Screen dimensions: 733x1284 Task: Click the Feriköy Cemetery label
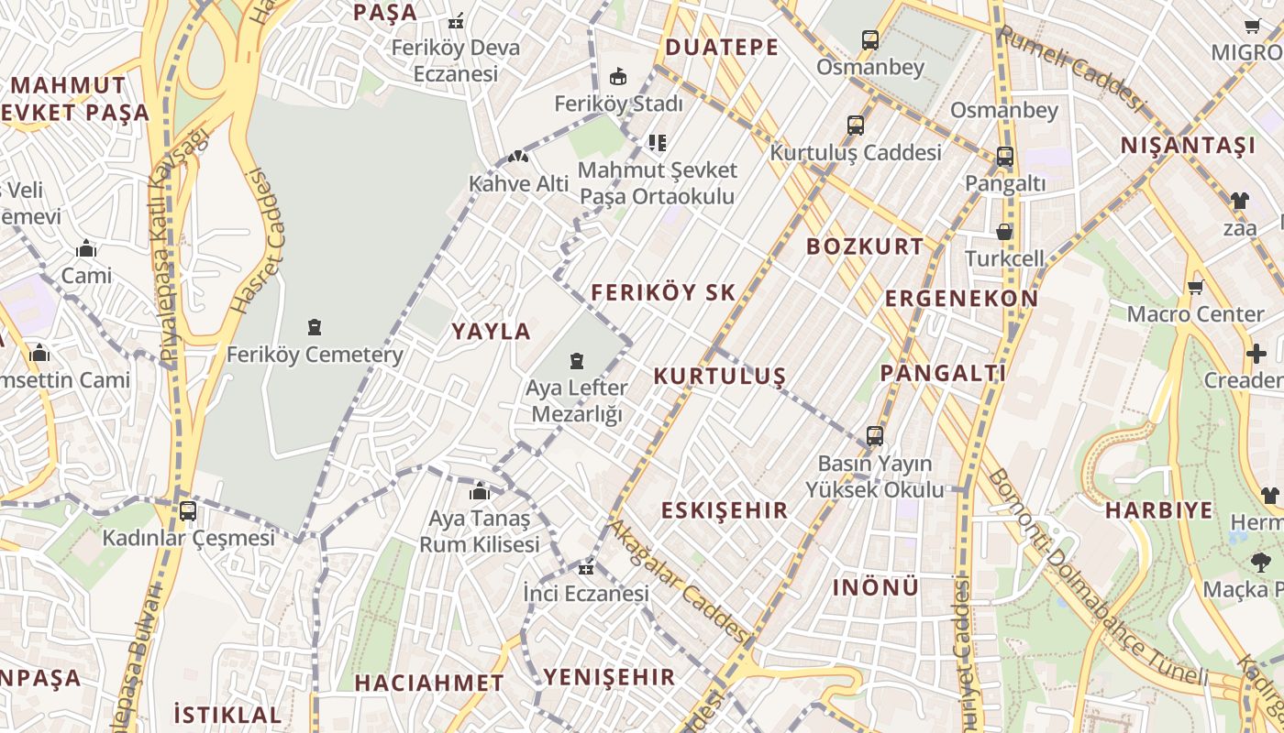pyautogui.click(x=315, y=355)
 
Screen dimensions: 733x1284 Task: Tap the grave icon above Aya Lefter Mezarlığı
pyautogui.click(x=577, y=361)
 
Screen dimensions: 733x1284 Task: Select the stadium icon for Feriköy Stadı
pyautogui.click(x=618, y=76)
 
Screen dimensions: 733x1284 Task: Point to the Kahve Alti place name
pyautogui.click(x=519, y=183)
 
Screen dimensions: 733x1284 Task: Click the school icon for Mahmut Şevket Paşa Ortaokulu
pyautogui.click(x=657, y=143)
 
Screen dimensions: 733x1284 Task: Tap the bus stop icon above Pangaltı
pyautogui.click(x=1005, y=157)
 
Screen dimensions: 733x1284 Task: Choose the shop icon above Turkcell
pyautogui.click(x=1004, y=232)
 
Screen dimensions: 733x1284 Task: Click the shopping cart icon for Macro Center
pyautogui.click(x=1195, y=288)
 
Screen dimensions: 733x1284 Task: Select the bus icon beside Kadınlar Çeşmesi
pyautogui.click(x=188, y=511)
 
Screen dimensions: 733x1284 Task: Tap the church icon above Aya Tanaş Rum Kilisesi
pyautogui.click(x=479, y=492)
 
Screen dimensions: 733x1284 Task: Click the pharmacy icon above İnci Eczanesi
pyautogui.click(x=586, y=568)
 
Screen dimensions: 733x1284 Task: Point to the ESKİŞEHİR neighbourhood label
pyautogui.click(x=725, y=510)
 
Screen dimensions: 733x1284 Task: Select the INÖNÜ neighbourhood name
pyautogui.click(x=875, y=587)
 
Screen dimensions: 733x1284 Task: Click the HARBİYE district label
pyautogui.click(x=1159, y=510)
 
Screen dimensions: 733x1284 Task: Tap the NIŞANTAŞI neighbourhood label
pyautogui.click(x=1188, y=145)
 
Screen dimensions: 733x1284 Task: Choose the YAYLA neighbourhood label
pyautogui.click(x=492, y=332)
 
